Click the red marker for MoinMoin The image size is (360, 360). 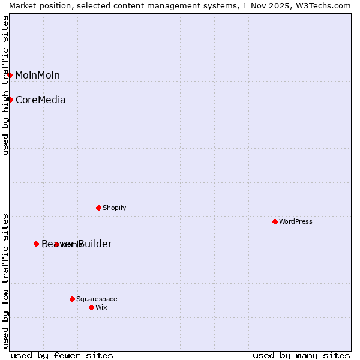(x=10, y=75)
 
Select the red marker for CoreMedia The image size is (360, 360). (x=10, y=100)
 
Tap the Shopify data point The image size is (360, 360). (x=98, y=208)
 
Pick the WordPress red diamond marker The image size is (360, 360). (x=275, y=221)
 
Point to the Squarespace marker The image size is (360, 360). (x=72, y=299)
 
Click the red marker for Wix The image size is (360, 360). (x=91, y=307)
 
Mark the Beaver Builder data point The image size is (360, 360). (x=36, y=244)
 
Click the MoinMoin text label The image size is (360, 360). (x=37, y=75)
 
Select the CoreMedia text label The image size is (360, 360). (x=40, y=100)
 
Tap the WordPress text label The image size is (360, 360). (x=296, y=221)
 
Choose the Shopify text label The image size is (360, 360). (x=114, y=208)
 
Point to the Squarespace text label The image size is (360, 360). (x=97, y=299)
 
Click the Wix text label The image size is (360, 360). (x=101, y=307)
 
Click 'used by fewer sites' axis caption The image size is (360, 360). (x=62, y=355)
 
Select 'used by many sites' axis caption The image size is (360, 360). (x=301, y=355)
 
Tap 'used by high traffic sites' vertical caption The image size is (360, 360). (x=5, y=85)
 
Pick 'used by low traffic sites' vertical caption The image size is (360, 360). (x=5, y=280)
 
